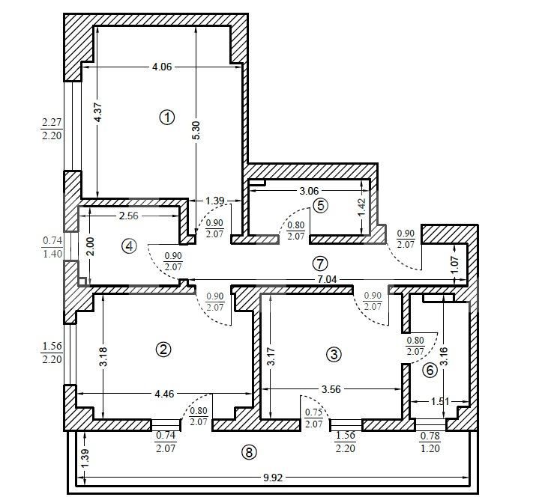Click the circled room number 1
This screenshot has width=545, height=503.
pos(167,118)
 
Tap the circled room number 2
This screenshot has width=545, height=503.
pos(163,350)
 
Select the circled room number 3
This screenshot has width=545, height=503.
pos(334,355)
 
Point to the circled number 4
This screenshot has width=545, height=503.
pos(129,246)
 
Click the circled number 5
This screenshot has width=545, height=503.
pos(320,206)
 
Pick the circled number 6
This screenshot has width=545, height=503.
pos(430,371)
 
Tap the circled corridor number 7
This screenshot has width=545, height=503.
pos(320,263)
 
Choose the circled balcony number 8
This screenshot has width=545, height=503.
pos(249,452)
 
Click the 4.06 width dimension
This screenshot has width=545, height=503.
pos(162,67)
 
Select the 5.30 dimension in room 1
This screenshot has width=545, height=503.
pos(196,130)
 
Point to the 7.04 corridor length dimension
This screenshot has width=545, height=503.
pos(327,279)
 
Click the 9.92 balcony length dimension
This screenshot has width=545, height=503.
pos(273,478)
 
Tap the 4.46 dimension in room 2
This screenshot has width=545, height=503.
pos(164,394)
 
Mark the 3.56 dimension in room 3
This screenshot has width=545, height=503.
pos(331,389)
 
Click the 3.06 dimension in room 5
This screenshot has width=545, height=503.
pos(309,191)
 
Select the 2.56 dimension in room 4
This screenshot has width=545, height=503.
pos(129,216)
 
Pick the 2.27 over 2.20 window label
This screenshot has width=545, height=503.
pos(52,129)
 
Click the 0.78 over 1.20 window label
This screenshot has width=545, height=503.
pos(430,442)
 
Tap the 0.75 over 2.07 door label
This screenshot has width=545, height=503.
pos(313,418)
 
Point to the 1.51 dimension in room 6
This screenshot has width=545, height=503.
pos(440,401)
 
